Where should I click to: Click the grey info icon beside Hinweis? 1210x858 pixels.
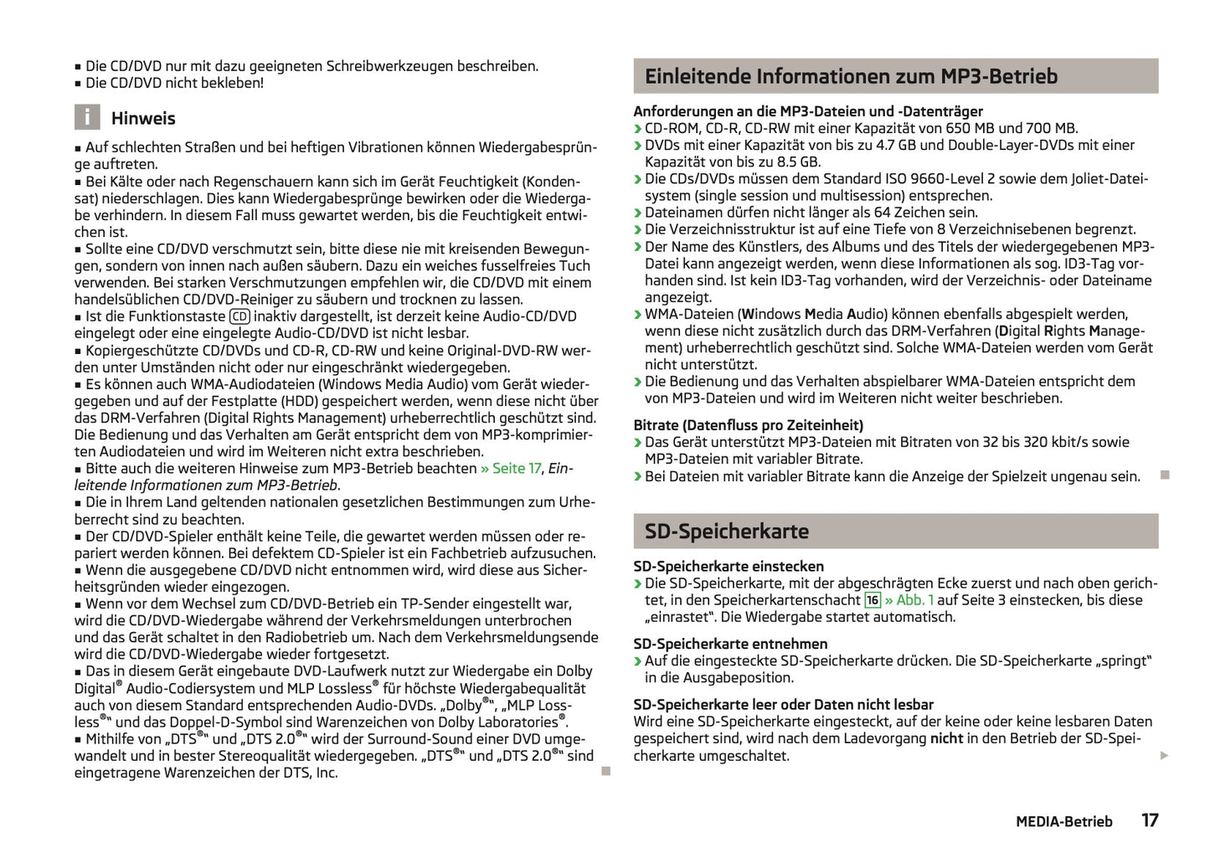tap(87, 117)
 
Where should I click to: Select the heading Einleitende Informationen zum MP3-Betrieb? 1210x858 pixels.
tap(851, 76)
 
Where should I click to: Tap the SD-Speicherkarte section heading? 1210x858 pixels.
tap(726, 532)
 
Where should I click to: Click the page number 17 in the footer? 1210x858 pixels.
tap(1150, 820)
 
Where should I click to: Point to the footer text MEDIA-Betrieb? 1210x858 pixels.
tap(1063, 822)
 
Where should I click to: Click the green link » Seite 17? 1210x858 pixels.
tap(511, 469)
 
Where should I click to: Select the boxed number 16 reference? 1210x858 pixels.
tap(873, 600)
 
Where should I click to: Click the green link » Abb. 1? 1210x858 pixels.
tap(909, 600)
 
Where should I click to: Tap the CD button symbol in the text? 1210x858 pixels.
tap(239, 316)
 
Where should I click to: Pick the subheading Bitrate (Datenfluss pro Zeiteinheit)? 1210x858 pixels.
tap(748, 425)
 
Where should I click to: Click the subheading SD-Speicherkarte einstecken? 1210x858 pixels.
tap(729, 567)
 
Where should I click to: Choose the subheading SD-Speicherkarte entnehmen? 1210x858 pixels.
tap(730, 644)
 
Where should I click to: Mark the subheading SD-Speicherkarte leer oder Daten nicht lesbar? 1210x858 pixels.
tap(783, 705)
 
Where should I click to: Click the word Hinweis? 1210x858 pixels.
tap(143, 119)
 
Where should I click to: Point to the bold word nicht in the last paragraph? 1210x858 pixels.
tap(946, 738)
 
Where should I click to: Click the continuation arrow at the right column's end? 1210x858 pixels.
tap(1164, 756)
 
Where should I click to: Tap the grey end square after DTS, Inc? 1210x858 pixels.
tap(606, 771)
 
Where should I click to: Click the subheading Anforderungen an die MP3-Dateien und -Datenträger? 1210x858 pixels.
tap(808, 111)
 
